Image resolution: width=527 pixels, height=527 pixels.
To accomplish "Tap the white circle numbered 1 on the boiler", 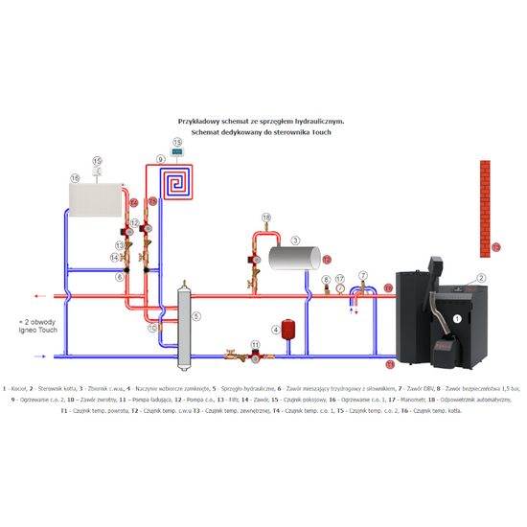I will coord(457,318).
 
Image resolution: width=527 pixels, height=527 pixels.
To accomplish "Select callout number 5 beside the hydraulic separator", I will coord(195,315).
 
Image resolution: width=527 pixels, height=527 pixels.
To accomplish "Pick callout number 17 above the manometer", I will coord(339,279).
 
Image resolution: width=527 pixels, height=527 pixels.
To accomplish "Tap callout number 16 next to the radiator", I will coord(73,178).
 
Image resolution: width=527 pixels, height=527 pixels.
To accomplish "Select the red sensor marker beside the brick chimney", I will coord(495,247).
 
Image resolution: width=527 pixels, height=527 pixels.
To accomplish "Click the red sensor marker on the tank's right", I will coord(326,258).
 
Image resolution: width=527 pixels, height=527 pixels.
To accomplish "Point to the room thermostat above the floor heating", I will coord(176,151).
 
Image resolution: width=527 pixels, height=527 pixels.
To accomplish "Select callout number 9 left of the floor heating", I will coord(161,158).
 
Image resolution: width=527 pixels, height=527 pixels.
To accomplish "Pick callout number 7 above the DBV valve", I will coord(361,275).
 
